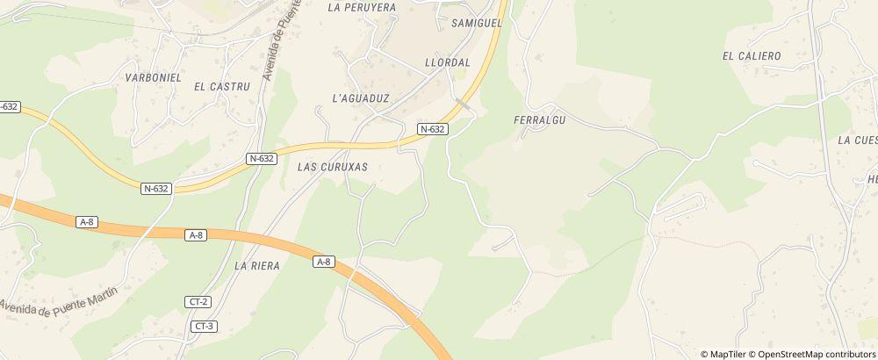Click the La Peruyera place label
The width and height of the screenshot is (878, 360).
[361, 7]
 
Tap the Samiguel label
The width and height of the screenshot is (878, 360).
[476, 24]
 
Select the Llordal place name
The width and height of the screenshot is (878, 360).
[448, 63]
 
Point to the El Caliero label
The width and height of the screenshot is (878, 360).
[752, 55]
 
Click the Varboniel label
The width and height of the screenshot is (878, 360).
[153, 77]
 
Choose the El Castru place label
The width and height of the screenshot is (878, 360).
[222, 86]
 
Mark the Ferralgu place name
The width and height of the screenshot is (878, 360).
[536, 119]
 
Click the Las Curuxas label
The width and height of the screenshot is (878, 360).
[332, 166]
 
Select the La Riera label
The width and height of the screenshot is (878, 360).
[257, 264]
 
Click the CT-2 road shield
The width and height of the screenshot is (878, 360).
[198, 302]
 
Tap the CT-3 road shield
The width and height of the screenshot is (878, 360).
[205, 327]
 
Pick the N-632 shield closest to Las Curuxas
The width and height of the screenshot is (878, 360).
[262, 159]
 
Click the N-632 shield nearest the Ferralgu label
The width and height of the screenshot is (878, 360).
[433, 129]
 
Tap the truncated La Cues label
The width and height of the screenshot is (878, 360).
[857, 140]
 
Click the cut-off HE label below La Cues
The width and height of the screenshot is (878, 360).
[872, 179]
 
